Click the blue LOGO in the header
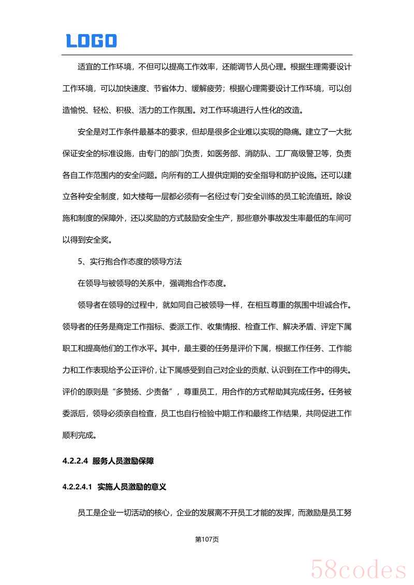[91, 41]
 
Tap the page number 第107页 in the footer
[207, 539]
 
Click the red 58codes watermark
[358, 568]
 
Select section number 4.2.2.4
[76, 460]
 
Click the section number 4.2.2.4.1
[77, 487]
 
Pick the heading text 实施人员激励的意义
[131, 487]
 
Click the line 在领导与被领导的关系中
[120, 283]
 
